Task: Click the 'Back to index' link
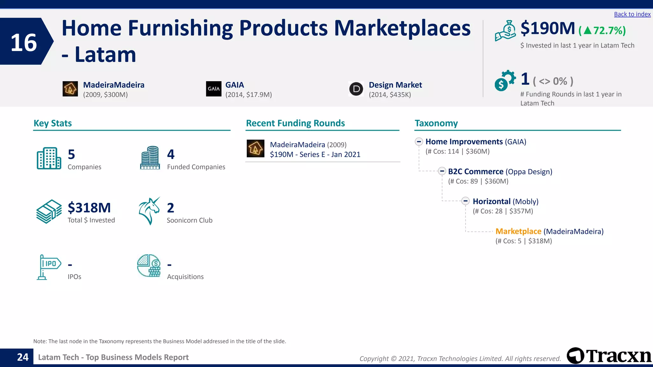632,14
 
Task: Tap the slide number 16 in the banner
24,43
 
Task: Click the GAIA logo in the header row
214,89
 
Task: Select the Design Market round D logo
356,89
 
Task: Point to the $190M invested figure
547,29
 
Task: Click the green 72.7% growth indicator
602,31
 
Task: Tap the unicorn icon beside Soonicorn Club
149,211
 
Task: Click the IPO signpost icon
48,267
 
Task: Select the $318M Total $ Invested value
89,208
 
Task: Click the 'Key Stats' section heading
53,123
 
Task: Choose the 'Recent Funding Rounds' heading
295,123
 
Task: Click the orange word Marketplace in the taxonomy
518,231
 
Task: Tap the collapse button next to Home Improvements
419,142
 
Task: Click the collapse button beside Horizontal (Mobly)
466,201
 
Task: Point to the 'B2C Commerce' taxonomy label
475,172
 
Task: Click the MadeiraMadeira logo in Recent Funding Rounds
255,148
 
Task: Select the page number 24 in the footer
23,357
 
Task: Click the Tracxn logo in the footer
609,356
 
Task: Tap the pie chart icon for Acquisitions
149,265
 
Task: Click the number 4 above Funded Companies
171,155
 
